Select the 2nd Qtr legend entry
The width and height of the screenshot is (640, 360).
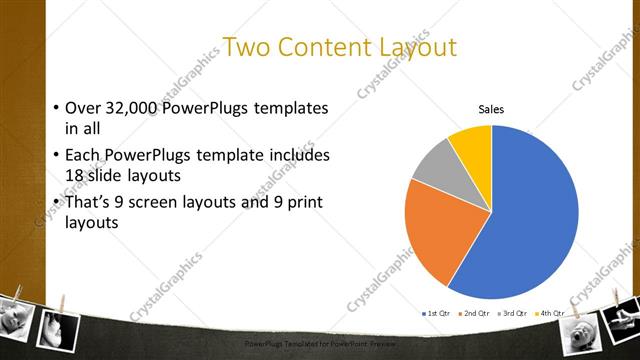pyautogui.click(x=476, y=314)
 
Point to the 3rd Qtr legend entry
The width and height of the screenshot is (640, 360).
pyautogui.click(x=513, y=314)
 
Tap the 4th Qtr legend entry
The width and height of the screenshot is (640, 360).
pyautogui.click(x=550, y=314)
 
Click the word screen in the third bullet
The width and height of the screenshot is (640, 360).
pyautogui.click(x=163, y=203)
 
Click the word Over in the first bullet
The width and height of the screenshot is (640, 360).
pyautogui.click(x=82, y=108)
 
